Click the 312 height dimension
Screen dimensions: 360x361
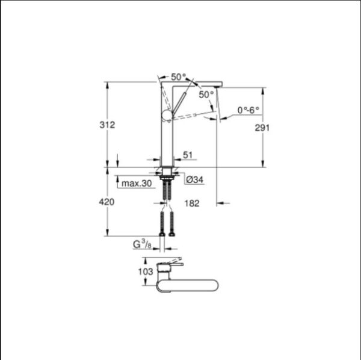click(107, 125)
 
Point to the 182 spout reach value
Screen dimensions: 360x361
click(193, 204)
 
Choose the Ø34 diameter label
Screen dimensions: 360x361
click(194, 179)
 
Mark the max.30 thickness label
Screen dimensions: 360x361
click(135, 183)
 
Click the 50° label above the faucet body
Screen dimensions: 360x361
click(178, 77)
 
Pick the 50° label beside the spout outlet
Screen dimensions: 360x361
click(206, 95)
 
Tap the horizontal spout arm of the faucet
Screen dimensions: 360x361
click(199, 83)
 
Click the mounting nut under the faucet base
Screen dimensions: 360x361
click(167, 178)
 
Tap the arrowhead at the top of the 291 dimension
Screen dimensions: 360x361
click(263, 91)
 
